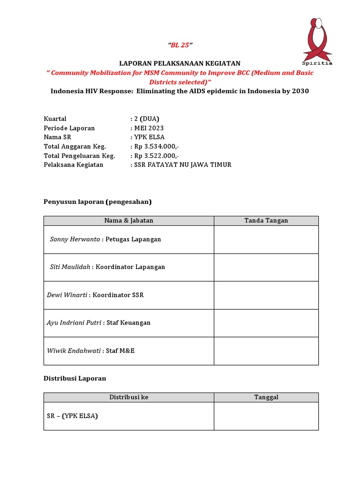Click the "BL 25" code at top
pos(180,45)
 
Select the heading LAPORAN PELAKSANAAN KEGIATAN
pos(180,63)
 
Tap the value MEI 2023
pos(149,128)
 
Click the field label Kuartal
pos(55,119)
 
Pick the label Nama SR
pos(58,137)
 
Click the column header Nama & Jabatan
pos(129,220)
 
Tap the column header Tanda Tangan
pos(266,220)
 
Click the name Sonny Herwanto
pos(75,239)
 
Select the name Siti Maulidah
pos(70,267)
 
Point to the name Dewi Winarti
pos(67,295)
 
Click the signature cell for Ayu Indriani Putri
pos(266,323)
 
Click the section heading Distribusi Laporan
pos(75,378)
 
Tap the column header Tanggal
pos(266,397)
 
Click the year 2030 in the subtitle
pos(300,91)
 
